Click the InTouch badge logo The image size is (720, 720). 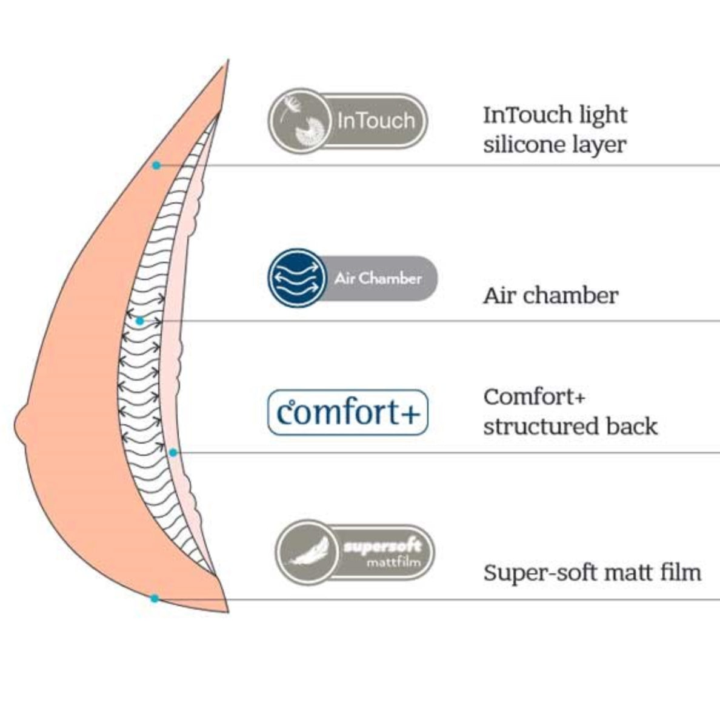click(x=348, y=121)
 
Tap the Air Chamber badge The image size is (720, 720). click(x=352, y=278)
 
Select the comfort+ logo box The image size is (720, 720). click(x=348, y=413)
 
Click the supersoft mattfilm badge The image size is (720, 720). click(x=355, y=552)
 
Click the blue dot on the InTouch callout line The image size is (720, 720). click(x=156, y=165)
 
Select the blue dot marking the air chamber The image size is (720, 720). click(x=140, y=321)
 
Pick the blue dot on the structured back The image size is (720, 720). click(x=173, y=452)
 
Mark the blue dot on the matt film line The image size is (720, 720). click(x=155, y=598)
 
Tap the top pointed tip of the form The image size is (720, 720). click(x=228, y=61)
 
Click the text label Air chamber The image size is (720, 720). click(x=550, y=296)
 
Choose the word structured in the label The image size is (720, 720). click(x=533, y=426)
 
